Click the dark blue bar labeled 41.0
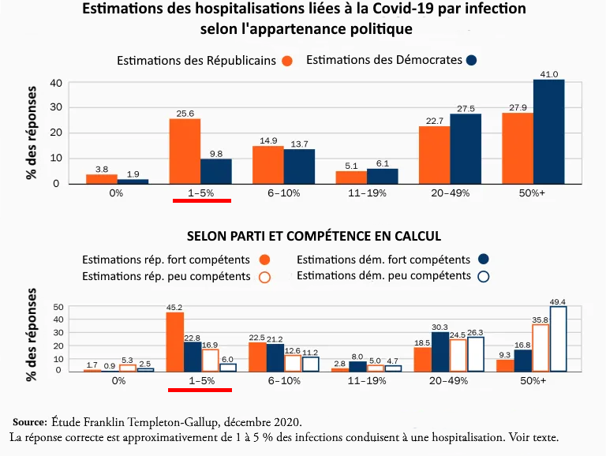pos(549,132)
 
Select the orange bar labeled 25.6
pos(185,151)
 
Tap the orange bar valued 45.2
pos(174,342)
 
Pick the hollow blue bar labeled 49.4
pos(558,339)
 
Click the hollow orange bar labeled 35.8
pos(540,348)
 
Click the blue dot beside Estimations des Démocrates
pos(471,60)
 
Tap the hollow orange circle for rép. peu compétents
pos(265,277)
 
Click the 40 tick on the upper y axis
pos(56,83)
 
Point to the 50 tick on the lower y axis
pos(58,307)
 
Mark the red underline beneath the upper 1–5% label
pos(201,201)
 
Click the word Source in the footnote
pos(30,421)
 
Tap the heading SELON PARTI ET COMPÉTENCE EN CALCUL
pos(313,236)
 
